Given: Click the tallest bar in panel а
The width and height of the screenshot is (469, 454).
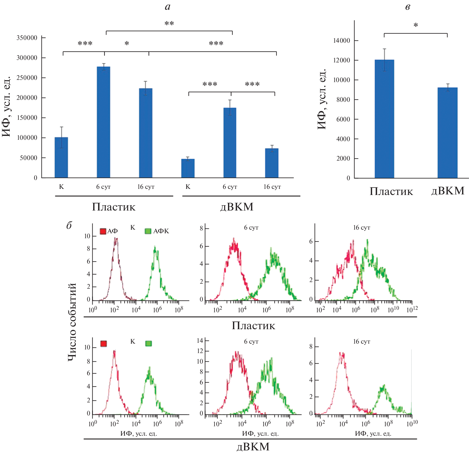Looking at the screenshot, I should click(x=103, y=122).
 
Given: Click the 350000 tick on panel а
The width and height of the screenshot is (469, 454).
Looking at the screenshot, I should click(x=27, y=38).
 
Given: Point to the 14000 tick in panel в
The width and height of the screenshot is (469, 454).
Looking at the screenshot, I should click(x=341, y=41).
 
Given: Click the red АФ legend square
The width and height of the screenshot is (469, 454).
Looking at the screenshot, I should click(x=103, y=231).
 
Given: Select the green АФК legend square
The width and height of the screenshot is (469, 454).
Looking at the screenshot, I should click(x=148, y=231).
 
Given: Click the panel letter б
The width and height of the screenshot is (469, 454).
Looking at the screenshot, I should click(x=69, y=225).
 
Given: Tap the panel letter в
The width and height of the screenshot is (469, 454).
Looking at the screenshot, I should click(x=407, y=7).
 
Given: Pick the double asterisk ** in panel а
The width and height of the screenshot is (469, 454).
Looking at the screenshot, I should click(x=169, y=24).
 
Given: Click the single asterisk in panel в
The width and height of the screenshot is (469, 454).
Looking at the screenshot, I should click(x=416, y=26).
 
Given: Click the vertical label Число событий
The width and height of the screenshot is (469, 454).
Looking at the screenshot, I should click(x=72, y=322).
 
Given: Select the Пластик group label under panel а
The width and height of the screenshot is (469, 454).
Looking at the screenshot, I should click(x=114, y=207).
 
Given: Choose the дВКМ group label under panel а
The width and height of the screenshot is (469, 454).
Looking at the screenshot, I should click(x=237, y=207).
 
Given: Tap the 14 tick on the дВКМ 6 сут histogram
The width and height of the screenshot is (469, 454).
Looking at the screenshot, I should click(x=200, y=341).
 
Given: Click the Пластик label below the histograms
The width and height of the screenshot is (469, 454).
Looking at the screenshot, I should click(x=253, y=326).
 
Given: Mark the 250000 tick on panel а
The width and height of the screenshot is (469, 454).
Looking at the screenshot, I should click(x=27, y=78).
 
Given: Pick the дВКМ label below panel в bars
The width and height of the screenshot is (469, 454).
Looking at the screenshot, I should click(x=448, y=191).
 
